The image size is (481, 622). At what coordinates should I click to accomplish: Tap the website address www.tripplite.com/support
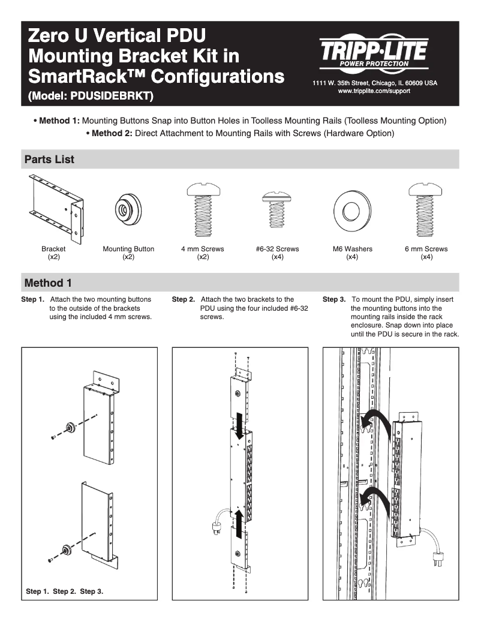point(374,90)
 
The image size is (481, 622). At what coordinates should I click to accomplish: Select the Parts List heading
point(49,160)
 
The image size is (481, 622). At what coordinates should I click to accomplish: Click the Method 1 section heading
point(48,282)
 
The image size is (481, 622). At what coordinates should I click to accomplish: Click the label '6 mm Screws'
point(426,249)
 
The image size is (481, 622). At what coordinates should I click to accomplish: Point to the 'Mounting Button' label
point(128,249)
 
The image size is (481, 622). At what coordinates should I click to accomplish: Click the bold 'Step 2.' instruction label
point(184,299)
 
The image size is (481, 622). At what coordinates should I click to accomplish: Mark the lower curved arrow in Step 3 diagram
point(375,498)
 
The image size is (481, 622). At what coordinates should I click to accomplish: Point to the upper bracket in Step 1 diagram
point(100,420)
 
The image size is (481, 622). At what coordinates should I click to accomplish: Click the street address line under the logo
point(374,82)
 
